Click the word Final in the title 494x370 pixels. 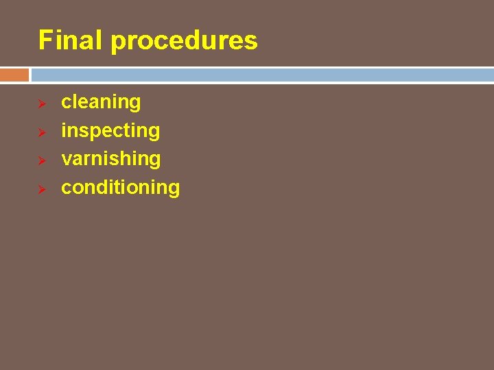click(71, 40)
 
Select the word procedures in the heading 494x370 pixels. click(184, 41)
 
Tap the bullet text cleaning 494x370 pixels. click(101, 102)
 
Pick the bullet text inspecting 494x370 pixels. click(110, 131)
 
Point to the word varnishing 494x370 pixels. click(111, 159)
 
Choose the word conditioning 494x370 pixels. click(120, 188)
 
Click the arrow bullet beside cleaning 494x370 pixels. click(41, 103)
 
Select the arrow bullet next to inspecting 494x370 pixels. click(41, 132)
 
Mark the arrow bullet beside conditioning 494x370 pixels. click(41, 188)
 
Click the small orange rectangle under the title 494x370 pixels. click(14, 75)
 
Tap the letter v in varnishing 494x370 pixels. click(66, 159)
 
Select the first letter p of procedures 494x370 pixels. click(117, 42)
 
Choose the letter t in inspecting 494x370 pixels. click(126, 130)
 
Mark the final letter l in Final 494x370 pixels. click(100, 40)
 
